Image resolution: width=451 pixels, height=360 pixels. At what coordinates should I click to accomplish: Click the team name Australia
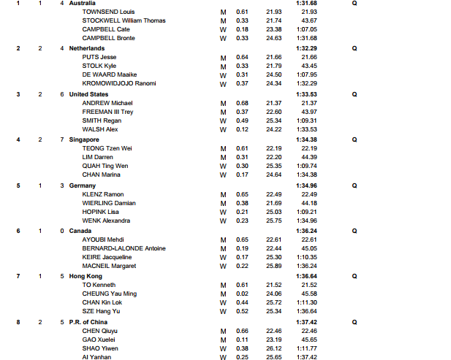coord(81,4)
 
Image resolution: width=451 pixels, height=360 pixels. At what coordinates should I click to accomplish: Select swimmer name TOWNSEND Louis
coord(108,12)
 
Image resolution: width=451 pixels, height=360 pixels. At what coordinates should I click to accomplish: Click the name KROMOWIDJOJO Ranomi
coord(119,83)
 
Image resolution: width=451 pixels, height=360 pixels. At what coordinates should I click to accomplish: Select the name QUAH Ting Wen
coord(107,166)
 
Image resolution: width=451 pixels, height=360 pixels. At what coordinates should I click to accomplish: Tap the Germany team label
coord(83,185)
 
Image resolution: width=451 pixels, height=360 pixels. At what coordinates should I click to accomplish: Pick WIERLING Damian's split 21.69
coord(274,203)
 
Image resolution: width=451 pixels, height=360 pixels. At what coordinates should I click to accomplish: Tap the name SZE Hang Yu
coord(102,311)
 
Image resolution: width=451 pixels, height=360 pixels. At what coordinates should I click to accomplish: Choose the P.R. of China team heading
coord(91,322)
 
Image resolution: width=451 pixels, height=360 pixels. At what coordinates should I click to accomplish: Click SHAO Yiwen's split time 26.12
coord(274,348)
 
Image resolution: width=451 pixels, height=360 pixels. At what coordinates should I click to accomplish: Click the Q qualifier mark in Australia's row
coord(355,4)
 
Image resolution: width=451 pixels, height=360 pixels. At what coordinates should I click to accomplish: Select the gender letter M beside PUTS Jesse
coord(223,57)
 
